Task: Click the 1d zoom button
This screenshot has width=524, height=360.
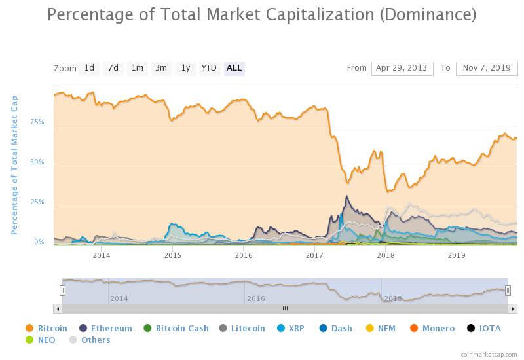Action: tap(89, 68)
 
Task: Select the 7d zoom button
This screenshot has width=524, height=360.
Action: tap(113, 68)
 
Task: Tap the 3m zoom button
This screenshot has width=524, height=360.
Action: tap(160, 68)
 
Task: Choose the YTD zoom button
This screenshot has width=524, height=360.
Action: tap(209, 68)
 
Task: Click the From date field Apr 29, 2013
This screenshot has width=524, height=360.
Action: tap(402, 68)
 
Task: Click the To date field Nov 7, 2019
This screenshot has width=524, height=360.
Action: tap(486, 68)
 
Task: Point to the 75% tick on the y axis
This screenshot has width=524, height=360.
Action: tap(37, 122)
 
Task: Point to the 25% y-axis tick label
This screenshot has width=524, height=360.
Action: tap(37, 202)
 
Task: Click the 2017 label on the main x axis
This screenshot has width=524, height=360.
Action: tap(315, 255)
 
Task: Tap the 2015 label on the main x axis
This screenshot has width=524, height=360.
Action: tap(172, 255)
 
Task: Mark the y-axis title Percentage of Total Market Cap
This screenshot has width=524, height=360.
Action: tap(14, 164)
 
